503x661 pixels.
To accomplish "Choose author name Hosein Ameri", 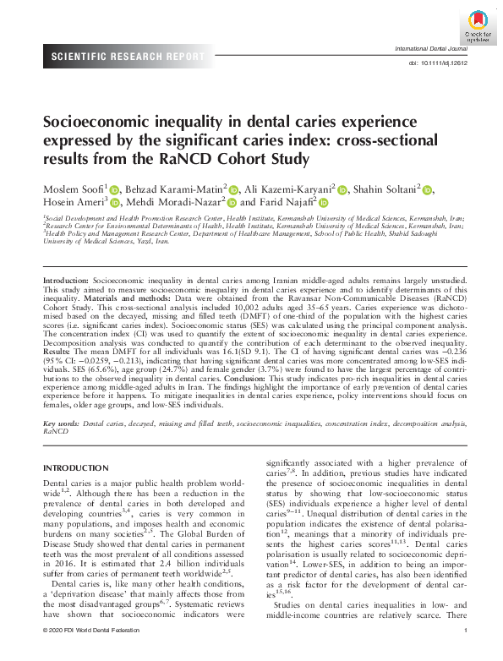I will tap(70, 203).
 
